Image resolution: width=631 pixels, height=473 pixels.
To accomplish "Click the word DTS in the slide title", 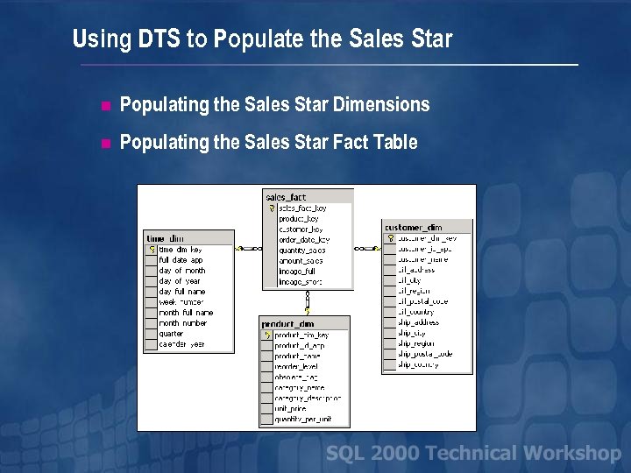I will click(x=159, y=39).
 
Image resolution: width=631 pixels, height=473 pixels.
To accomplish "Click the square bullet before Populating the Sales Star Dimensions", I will click(x=104, y=106).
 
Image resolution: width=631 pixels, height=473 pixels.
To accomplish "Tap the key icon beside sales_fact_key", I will click(x=272, y=208).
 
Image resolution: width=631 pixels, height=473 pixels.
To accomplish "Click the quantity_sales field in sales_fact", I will click(x=301, y=251).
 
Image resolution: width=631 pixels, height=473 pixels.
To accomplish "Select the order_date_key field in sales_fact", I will click(x=303, y=240).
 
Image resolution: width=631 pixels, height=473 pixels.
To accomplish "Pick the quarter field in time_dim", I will click(x=172, y=334).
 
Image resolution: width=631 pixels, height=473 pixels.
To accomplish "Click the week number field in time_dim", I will click(x=181, y=302).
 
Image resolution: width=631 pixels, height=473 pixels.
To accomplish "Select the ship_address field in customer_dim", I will click(x=418, y=322).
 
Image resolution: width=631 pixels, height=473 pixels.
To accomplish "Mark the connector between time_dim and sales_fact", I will click(x=249, y=249).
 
